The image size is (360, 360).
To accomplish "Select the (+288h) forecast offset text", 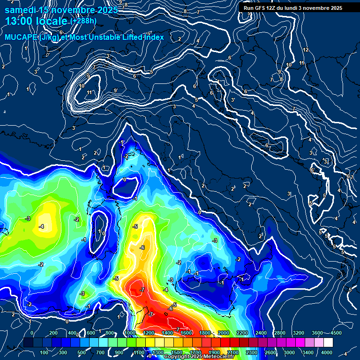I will pyautogui.click(x=84, y=22).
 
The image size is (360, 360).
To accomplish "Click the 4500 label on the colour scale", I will pyautogui.click(x=336, y=333).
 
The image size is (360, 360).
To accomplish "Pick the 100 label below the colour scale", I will pyautogui.click(x=45, y=352).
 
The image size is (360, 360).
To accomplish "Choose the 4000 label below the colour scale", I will pyautogui.click(x=327, y=352).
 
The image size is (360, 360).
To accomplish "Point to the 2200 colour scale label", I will pyautogui.click(x=242, y=333).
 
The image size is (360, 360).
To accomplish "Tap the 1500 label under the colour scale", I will pyautogui.click(x=176, y=352).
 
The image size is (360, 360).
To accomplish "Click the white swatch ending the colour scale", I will pyautogui.click(x=328, y=343).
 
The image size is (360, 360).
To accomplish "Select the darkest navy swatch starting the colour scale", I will pyautogui.click(x=28, y=343).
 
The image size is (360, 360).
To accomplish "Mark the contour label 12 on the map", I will pyautogui.click(x=306, y=50).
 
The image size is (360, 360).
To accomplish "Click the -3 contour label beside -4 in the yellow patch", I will pyautogui.click(x=28, y=219).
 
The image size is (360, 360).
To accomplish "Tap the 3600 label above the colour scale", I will pyautogui.click(x=317, y=333).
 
